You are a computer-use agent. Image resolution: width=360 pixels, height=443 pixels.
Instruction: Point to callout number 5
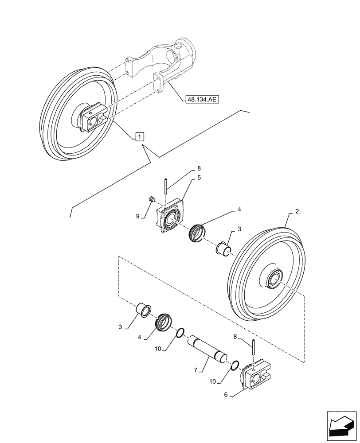point(199,177)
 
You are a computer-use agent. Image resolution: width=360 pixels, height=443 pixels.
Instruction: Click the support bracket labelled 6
point(256,377)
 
